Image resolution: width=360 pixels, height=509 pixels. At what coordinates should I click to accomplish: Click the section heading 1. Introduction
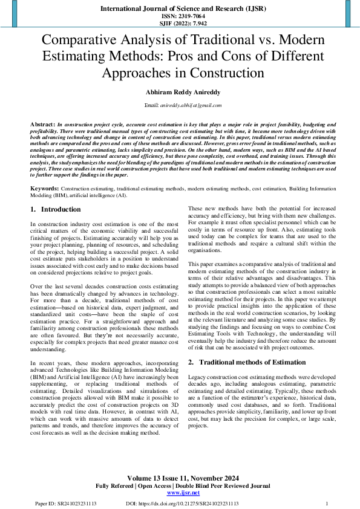tap(55, 210)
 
